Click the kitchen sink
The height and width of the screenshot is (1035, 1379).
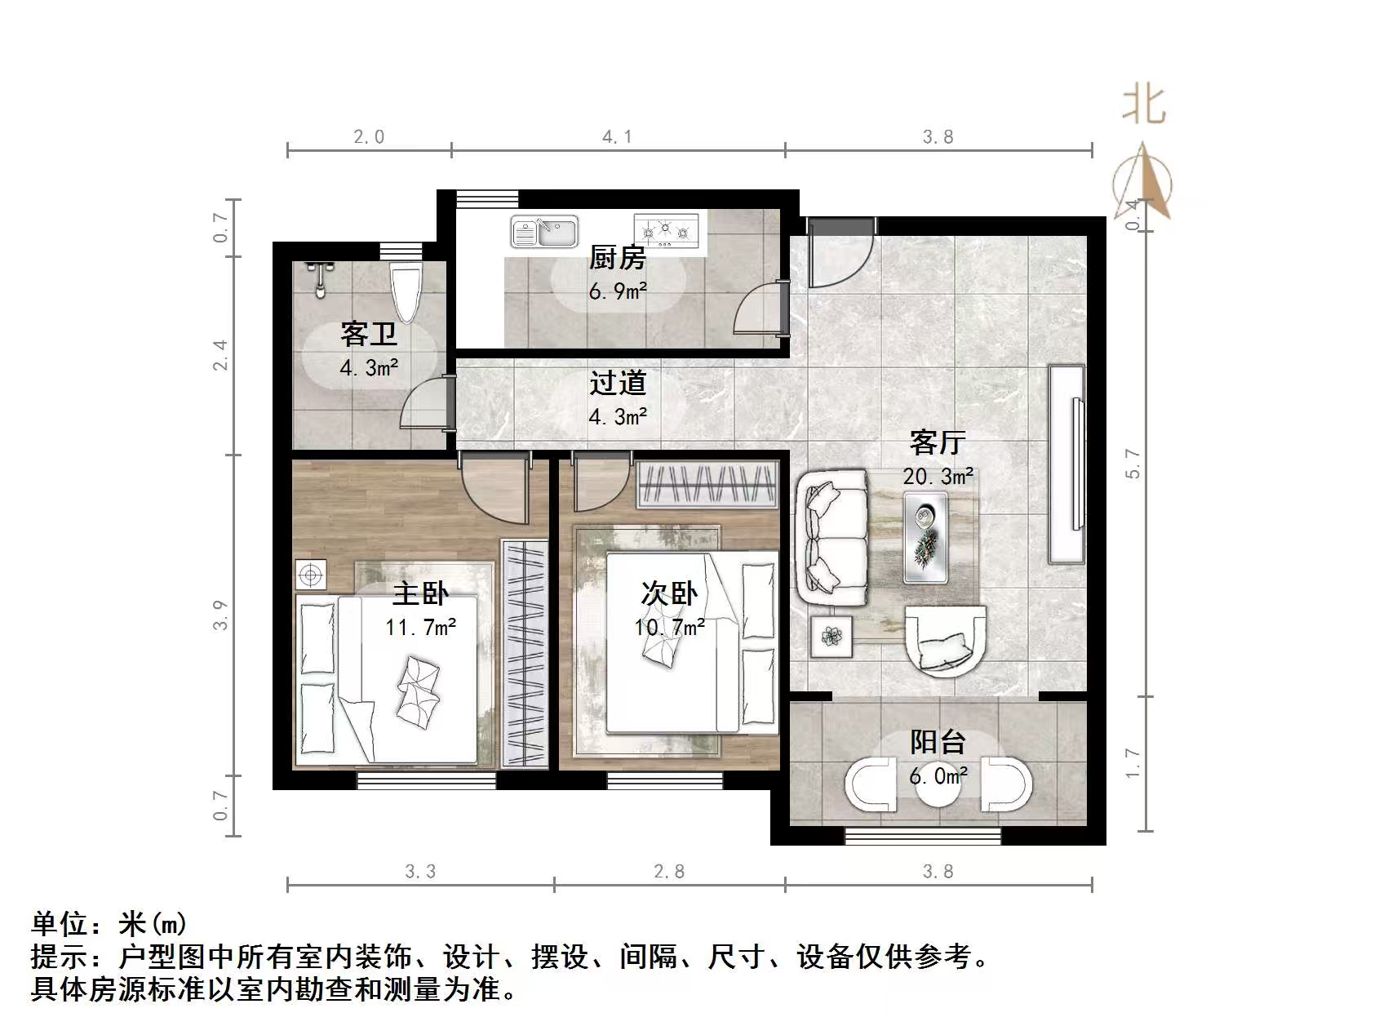click(x=544, y=231)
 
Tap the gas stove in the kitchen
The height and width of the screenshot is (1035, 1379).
click(x=667, y=230)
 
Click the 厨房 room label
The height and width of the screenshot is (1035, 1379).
click(x=618, y=259)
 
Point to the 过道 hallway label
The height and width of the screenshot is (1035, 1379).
click(x=618, y=383)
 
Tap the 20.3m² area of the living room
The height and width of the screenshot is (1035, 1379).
click(x=938, y=476)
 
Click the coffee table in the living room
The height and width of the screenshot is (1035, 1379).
click(x=926, y=538)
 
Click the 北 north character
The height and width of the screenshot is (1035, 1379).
click(x=1144, y=106)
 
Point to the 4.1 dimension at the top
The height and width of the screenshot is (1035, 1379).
click(x=617, y=137)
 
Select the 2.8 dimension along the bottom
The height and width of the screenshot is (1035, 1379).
click(x=669, y=872)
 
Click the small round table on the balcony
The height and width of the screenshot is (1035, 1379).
click(x=938, y=784)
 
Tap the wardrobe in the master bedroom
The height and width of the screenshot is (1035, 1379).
click(x=525, y=653)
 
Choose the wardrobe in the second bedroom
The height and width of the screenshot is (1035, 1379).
click(x=707, y=485)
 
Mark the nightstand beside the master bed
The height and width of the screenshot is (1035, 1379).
click(x=310, y=575)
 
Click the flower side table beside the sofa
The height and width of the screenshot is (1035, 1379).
click(x=832, y=636)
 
